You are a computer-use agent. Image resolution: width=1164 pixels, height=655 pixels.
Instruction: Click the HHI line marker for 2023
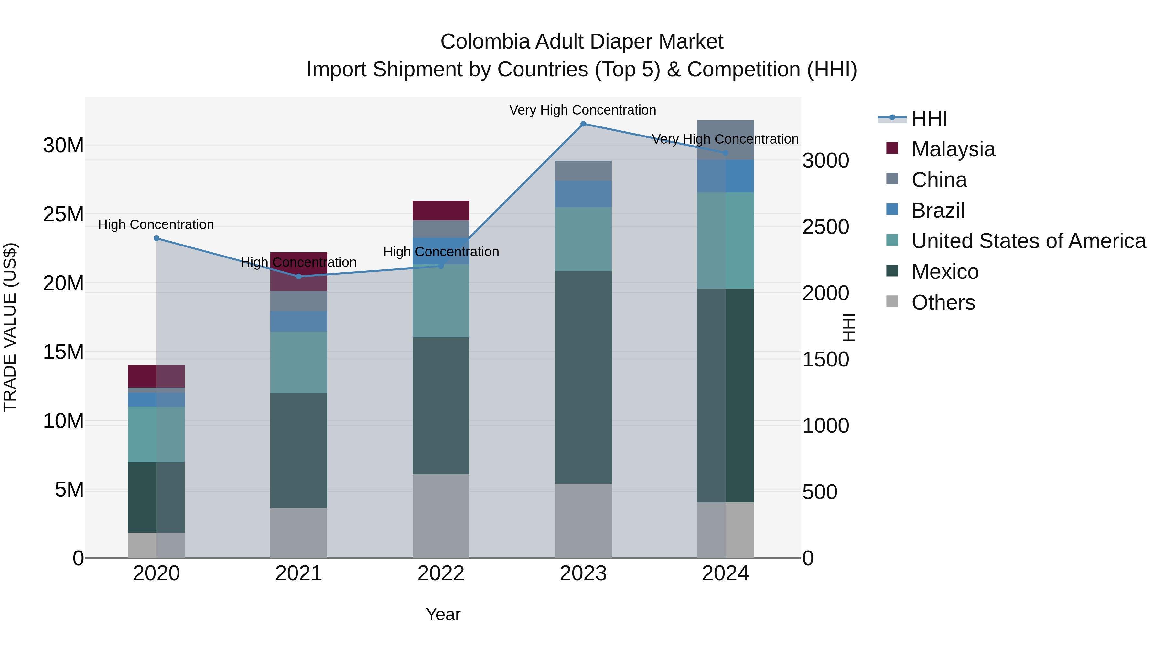(x=583, y=124)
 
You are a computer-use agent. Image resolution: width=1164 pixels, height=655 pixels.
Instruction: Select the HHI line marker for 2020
(x=156, y=238)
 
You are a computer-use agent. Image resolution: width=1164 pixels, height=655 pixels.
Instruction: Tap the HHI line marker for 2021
(x=299, y=276)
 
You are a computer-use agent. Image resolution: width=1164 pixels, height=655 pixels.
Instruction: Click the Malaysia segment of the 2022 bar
(x=441, y=210)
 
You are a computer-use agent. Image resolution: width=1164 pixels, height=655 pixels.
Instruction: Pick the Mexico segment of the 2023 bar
(x=583, y=377)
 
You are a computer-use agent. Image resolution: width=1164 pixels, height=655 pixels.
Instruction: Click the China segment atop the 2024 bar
(x=725, y=140)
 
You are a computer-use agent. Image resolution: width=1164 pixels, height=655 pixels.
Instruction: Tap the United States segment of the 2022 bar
(x=441, y=300)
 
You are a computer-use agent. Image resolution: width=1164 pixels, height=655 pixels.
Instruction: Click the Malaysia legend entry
(x=953, y=149)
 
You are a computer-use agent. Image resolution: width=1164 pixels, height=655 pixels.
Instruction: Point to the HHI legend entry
(x=929, y=118)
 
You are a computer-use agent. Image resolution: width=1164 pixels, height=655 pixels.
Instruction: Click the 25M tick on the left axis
(x=63, y=214)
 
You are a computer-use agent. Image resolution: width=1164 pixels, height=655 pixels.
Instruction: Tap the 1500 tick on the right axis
(x=825, y=360)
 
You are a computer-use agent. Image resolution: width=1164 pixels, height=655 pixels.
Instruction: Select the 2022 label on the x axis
(x=441, y=573)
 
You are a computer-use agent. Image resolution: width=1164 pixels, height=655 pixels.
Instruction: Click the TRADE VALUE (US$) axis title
(x=10, y=327)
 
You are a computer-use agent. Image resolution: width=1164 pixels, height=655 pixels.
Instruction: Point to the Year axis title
(x=443, y=614)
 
